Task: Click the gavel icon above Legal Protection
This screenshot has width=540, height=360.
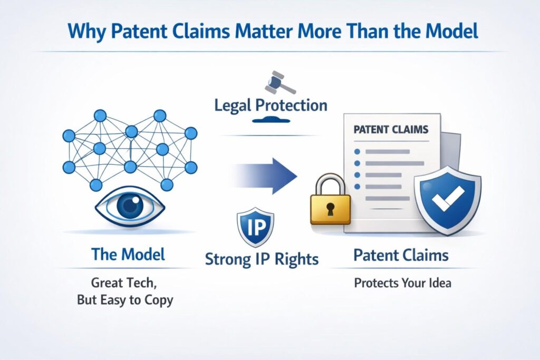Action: pos(279,83)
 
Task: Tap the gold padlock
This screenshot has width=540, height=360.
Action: pos(330,200)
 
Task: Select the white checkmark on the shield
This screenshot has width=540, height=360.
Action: pos(448,199)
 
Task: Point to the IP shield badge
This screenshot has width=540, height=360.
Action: pos(256,227)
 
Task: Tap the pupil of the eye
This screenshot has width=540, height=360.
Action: pos(130,206)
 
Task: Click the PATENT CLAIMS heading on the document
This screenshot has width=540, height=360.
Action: pos(391,130)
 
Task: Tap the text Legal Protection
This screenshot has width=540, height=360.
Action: pos(271,105)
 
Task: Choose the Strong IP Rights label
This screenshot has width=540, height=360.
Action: pos(262,259)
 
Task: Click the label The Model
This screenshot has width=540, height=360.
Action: pos(128,255)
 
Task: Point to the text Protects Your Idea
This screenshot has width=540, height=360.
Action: pos(402,283)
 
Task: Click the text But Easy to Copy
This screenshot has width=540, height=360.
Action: pos(125,300)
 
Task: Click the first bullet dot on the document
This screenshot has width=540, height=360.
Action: pos(357,152)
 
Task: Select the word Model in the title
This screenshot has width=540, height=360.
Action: pos(452,31)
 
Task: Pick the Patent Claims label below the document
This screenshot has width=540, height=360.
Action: pos(401,255)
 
